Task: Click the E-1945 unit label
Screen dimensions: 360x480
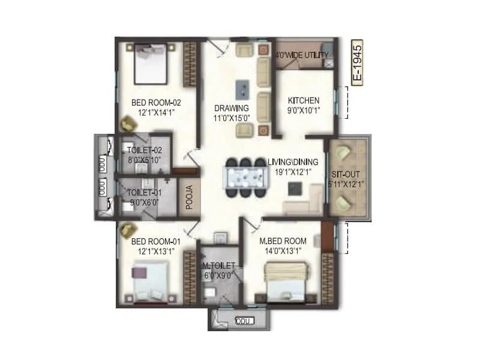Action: [357, 63]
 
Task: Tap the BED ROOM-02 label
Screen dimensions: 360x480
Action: [156, 103]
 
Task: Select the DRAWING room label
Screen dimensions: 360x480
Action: [232, 108]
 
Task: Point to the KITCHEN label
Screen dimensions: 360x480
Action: [304, 100]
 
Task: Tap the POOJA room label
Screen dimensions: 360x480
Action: [188, 198]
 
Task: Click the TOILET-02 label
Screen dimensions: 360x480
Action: [145, 150]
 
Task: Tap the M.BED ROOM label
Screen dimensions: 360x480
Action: [281, 241]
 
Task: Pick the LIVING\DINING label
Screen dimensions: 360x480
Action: [294, 162]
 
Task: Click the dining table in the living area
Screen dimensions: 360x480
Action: [245, 178]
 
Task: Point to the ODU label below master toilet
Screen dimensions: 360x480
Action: [242, 321]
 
